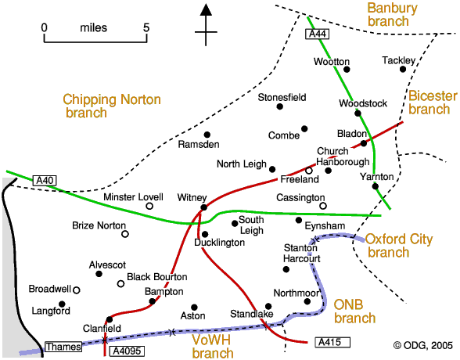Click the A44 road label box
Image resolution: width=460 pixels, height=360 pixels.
click(318, 34)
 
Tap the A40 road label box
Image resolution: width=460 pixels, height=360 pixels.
click(45, 181)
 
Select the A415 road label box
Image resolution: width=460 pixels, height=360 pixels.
click(332, 343)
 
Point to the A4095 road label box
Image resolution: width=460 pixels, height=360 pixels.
click(127, 351)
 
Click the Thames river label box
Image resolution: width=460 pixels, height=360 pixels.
click(63, 347)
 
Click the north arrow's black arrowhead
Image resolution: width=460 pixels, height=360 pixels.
click(206, 9)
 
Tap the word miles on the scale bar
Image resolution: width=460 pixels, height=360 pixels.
click(94, 28)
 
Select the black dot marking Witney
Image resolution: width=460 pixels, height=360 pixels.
click(204, 207)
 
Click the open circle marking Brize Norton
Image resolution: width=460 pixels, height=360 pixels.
click(125, 234)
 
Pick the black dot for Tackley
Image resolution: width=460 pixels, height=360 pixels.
click(403, 69)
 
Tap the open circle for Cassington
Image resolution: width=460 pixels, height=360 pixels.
click(322, 206)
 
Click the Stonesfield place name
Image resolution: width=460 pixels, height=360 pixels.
click(282, 97)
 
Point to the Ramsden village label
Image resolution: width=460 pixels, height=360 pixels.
click(199, 144)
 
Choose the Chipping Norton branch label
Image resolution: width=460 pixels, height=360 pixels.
click(112, 106)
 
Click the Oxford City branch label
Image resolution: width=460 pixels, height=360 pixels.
click(399, 246)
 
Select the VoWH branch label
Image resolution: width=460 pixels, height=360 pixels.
click(213, 347)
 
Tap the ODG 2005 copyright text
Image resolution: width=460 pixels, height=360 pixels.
click(422, 346)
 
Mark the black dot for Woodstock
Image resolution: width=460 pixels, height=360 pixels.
click(358, 113)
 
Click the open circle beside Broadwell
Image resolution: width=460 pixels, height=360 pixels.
click(77, 290)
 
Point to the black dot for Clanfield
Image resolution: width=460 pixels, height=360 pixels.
click(110, 319)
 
